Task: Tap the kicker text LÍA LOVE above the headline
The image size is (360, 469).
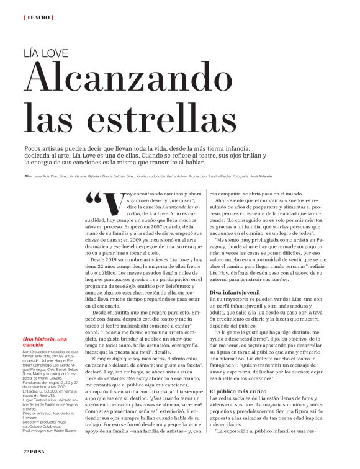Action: tap(45, 53)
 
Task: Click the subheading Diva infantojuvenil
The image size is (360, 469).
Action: tap(235, 292)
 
